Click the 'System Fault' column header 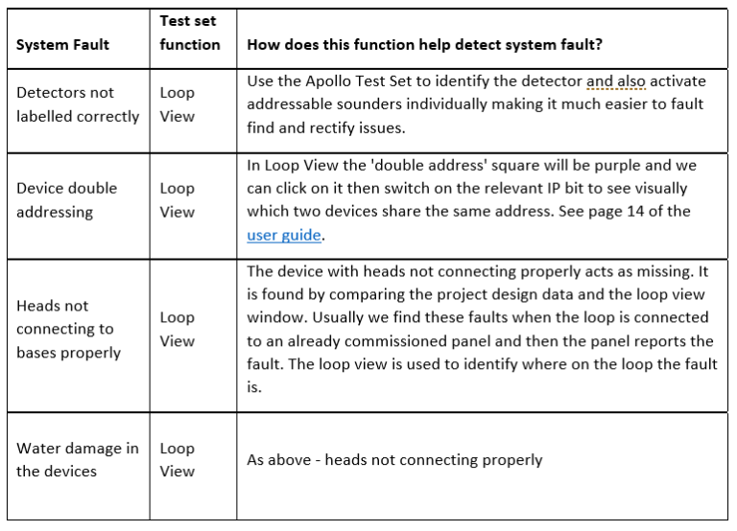[x=62, y=44]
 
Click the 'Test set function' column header [x=189, y=33]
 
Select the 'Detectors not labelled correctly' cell [x=77, y=104]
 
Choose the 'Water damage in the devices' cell [x=77, y=459]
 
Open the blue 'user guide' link [x=283, y=235]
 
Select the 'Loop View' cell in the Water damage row [x=177, y=459]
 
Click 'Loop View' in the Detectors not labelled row [x=177, y=104]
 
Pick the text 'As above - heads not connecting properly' [x=394, y=460]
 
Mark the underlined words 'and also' [x=617, y=81]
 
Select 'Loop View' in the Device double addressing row [x=177, y=200]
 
